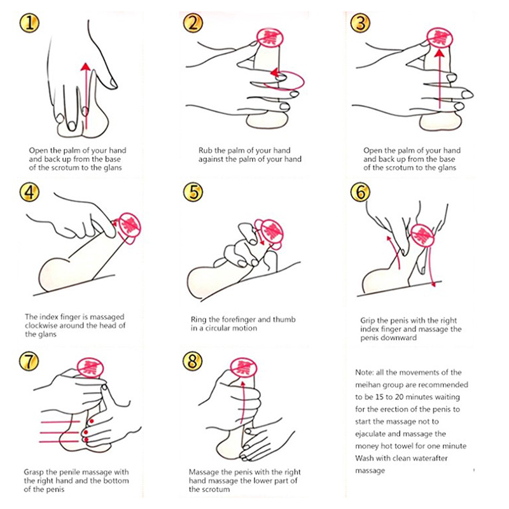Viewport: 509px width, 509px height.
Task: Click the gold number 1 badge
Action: click(29, 23)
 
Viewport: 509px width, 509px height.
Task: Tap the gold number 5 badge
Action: click(193, 192)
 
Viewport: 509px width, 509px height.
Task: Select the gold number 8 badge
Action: click(193, 361)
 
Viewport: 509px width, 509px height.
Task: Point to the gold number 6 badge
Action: click(360, 192)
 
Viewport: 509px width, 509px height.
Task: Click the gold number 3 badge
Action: click(361, 23)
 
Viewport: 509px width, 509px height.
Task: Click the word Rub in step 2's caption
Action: click(205, 150)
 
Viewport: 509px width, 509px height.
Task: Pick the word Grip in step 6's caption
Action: click(367, 321)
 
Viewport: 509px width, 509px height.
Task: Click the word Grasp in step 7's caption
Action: click(34, 472)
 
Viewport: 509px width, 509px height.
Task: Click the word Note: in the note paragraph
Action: click(365, 372)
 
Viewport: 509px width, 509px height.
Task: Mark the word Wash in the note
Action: click(363, 458)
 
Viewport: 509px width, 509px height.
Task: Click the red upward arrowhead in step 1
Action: click(86, 67)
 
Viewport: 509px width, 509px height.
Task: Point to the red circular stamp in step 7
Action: click(90, 368)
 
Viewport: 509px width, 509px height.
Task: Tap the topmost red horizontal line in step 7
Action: click(60, 422)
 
